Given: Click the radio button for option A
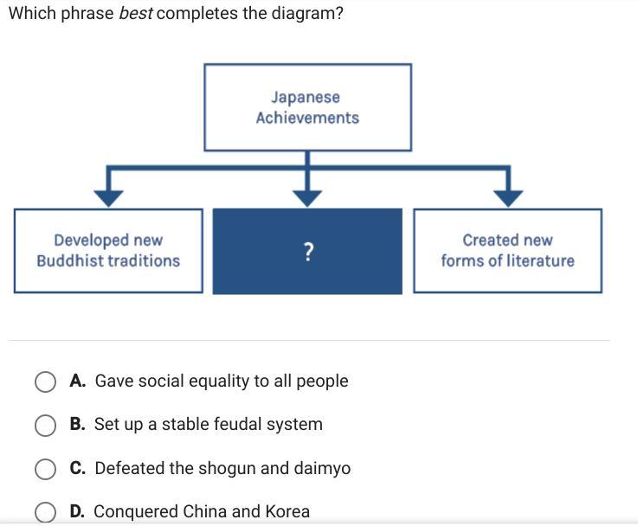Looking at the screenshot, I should click(x=46, y=382).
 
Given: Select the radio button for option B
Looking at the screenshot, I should click(x=46, y=425).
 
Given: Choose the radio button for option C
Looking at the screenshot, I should click(x=46, y=469).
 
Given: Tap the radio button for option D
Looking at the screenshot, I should click(x=46, y=512).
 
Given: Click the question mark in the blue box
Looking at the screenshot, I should click(x=308, y=252).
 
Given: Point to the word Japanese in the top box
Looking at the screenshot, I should click(x=306, y=98).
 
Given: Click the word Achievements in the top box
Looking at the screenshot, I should click(x=307, y=118).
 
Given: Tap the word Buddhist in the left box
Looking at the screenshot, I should click(x=73, y=260).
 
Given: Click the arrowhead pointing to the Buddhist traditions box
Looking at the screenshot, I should click(x=107, y=197).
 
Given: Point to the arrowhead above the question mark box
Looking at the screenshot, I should click(x=306, y=197).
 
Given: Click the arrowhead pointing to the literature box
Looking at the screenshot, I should click(x=508, y=197).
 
